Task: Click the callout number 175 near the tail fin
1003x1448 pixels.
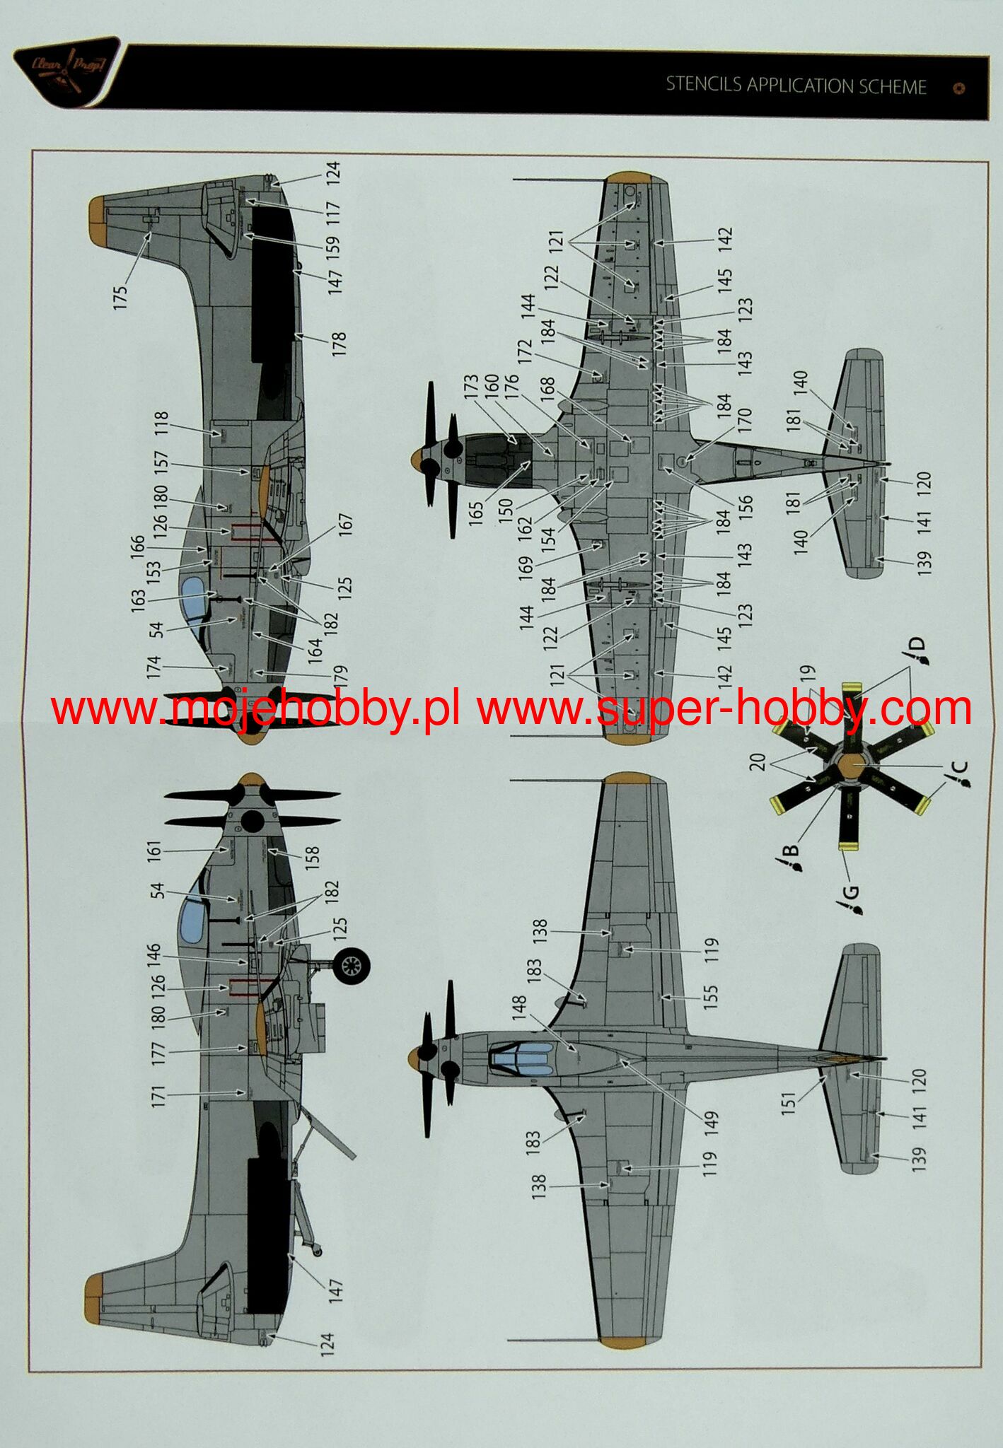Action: pyautogui.click(x=121, y=296)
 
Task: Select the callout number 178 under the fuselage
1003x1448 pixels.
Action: pyautogui.click(x=339, y=344)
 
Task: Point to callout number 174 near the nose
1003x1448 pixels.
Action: pyautogui.click(x=154, y=667)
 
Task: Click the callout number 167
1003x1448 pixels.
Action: pyautogui.click(x=345, y=526)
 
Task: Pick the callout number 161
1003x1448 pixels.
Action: pyautogui.click(x=155, y=851)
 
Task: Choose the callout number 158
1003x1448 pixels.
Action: pyautogui.click(x=312, y=858)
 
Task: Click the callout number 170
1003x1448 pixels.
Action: pyautogui.click(x=744, y=420)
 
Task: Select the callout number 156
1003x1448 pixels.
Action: pyautogui.click(x=746, y=505)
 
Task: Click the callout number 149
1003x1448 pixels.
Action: pyautogui.click(x=711, y=1123)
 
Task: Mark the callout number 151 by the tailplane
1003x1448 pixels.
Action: pyautogui.click(x=788, y=1102)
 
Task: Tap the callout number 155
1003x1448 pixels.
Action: pyautogui.click(x=711, y=996)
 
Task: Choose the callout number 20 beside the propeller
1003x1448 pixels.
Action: pyautogui.click(x=758, y=761)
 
